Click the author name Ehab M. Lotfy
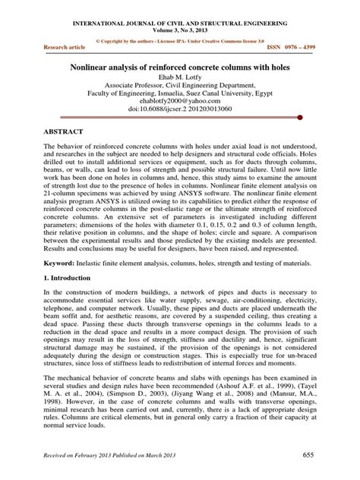pyautogui.click(x=180, y=78)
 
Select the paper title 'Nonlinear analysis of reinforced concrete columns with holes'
pyautogui.click(x=180, y=67)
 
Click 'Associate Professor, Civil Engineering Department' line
pyautogui.click(x=180, y=87)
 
